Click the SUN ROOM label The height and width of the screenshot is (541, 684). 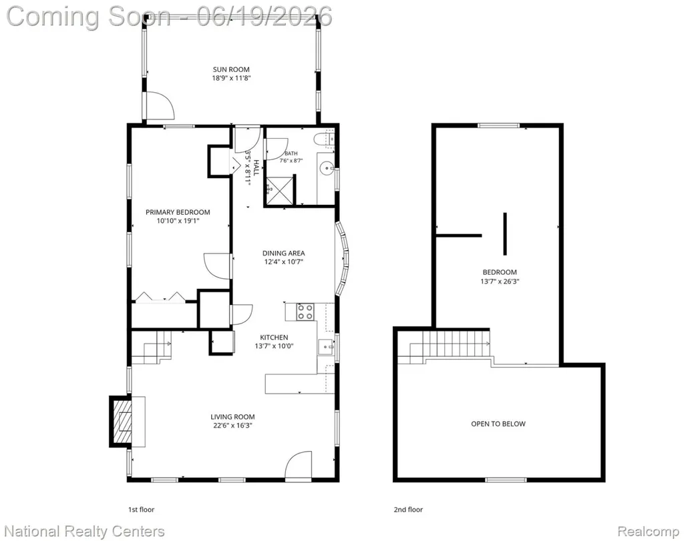pyautogui.click(x=231, y=69)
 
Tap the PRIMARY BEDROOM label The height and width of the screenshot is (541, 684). pyautogui.click(x=178, y=212)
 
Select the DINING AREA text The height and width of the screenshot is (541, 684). pyautogui.click(x=283, y=253)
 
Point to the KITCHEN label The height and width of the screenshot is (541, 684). pyautogui.click(x=274, y=337)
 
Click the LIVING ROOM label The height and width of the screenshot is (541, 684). pyautogui.click(x=232, y=417)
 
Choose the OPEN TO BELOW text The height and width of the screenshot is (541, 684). pyautogui.click(x=498, y=424)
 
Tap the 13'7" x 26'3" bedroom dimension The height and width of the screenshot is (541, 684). pyautogui.click(x=500, y=282)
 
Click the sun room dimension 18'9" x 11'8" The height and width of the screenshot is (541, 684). pyautogui.click(x=231, y=79)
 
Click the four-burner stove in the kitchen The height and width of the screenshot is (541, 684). pyautogui.click(x=305, y=312)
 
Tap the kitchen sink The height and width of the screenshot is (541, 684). pyautogui.click(x=326, y=347)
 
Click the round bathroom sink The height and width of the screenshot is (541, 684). pyautogui.click(x=325, y=167)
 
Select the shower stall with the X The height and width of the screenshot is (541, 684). pyautogui.click(x=279, y=190)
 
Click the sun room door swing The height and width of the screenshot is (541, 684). pyautogui.click(x=160, y=105)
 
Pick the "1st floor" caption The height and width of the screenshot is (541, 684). pyautogui.click(x=141, y=509)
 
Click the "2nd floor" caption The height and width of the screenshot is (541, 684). pyautogui.click(x=408, y=509)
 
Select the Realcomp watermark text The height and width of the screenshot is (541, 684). pyautogui.click(x=648, y=532)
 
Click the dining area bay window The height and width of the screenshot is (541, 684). pyautogui.click(x=343, y=259)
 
